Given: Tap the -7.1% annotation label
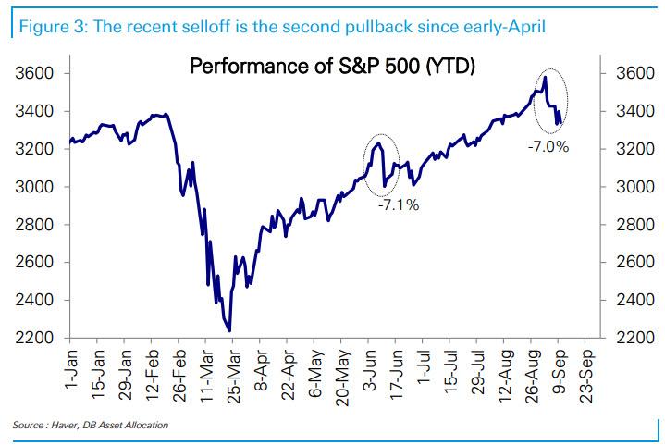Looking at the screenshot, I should [x=399, y=205].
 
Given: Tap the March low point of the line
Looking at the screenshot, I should [x=228, y=330].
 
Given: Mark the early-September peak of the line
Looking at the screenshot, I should [x=546, y=78].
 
